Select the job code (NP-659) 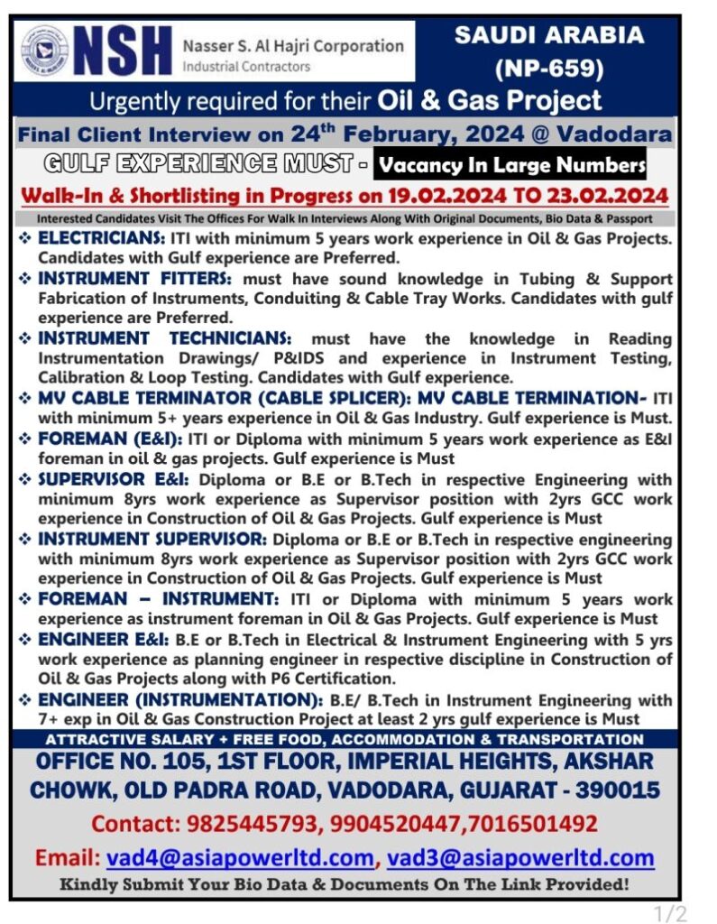coord(548,68)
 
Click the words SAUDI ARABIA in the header coord(549,35)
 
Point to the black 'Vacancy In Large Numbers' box coord(511,165)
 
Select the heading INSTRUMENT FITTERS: coord(134,279)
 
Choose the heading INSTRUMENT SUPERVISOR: coord(152,539)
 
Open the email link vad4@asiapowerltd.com coord(240,856)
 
